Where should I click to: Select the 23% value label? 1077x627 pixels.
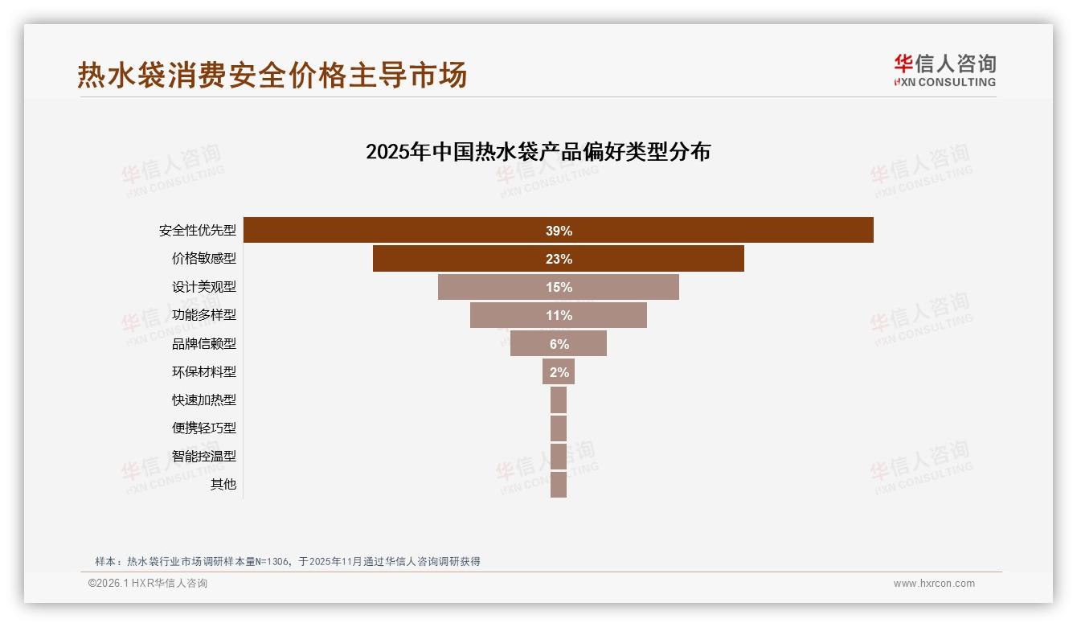click(559, 260)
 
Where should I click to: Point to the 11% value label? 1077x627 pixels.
click(559, 316)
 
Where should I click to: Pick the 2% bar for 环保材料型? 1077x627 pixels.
click(559, 372)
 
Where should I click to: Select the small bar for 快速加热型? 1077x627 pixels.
click(559, 400)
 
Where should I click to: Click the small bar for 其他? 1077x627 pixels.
click(559, 485)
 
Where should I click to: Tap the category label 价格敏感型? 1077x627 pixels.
click(204, 259)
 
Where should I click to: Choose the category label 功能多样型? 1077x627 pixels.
click(204, 315)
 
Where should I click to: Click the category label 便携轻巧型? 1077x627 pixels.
click(204, 428)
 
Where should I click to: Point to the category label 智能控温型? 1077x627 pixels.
click(204, 456)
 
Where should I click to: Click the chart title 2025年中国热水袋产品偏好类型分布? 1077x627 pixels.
click(538, 152)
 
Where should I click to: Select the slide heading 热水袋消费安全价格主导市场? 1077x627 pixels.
click(272, 76)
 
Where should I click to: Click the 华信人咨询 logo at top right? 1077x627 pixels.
click(944, 71)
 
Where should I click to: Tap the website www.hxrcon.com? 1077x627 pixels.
click(934, 584)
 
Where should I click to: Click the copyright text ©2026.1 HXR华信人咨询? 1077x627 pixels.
click(148, 584)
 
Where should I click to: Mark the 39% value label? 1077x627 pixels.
click(559, 232)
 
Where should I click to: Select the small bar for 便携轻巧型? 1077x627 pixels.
click(559, 428)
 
